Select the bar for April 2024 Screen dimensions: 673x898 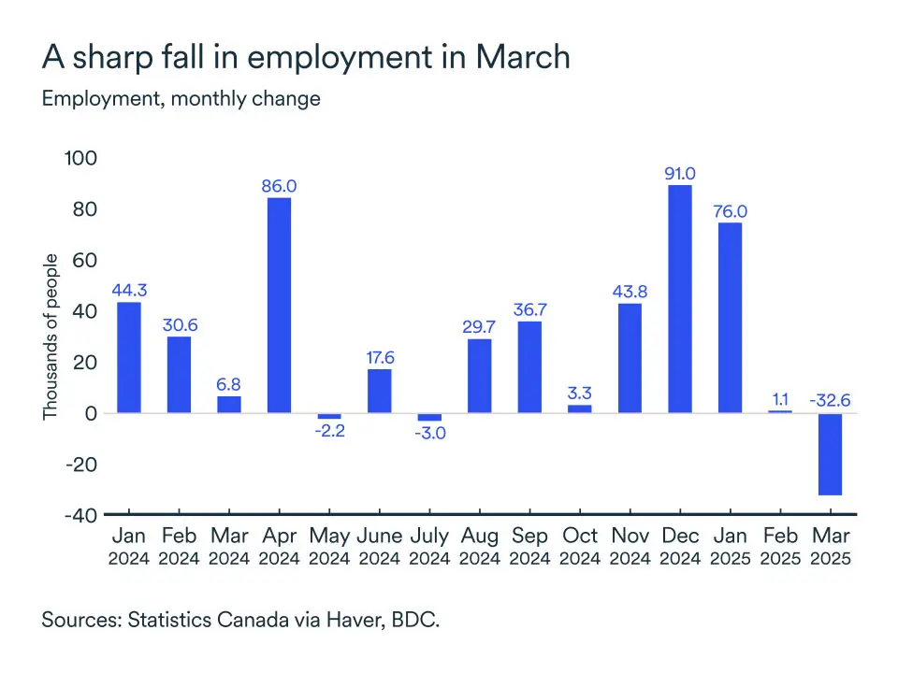click(x=279, y=305)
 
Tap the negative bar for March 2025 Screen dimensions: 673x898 click(x=831, y=454)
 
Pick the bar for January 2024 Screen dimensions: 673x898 click(x=128, y=357)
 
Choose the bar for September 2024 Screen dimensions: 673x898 click(x=529, y=366)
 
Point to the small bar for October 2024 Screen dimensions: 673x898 click(x=580, y=408)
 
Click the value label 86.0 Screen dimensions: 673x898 click(x=279, y=186)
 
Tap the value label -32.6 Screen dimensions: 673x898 click(x=831, y=400)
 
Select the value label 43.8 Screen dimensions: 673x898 click(x=630, y=292)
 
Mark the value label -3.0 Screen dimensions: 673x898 click(x=429, y=434)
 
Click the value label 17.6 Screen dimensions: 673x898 click(x=379, y=357)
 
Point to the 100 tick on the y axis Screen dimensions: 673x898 click(x=80, y=158)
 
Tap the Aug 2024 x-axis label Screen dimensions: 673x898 click(x=480, y=547)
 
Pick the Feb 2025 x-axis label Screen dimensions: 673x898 click(x=780, y=547)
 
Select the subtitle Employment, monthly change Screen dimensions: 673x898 click(x=181, y=98)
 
